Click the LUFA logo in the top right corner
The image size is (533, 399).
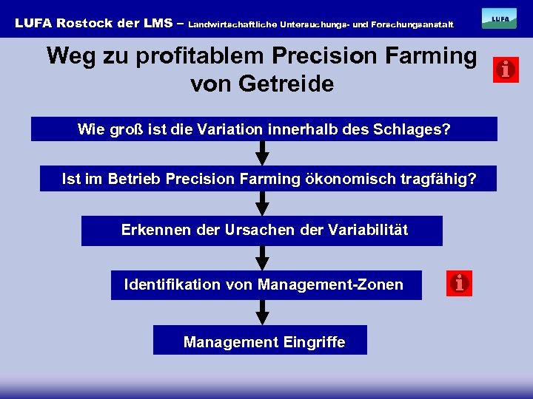pos(499,18)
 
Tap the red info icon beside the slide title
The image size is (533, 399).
pos(506,70)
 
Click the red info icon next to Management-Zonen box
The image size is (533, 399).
pos(459,283)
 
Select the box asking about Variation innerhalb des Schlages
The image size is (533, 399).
pos(264,129)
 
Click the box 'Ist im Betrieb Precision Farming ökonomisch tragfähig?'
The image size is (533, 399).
pos(268,179)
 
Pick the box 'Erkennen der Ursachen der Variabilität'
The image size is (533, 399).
pos(262,231)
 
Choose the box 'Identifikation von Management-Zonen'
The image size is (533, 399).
pos(266,284)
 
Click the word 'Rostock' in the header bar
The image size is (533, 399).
pos(84,23)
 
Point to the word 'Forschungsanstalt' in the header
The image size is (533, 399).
pos(417,24)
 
